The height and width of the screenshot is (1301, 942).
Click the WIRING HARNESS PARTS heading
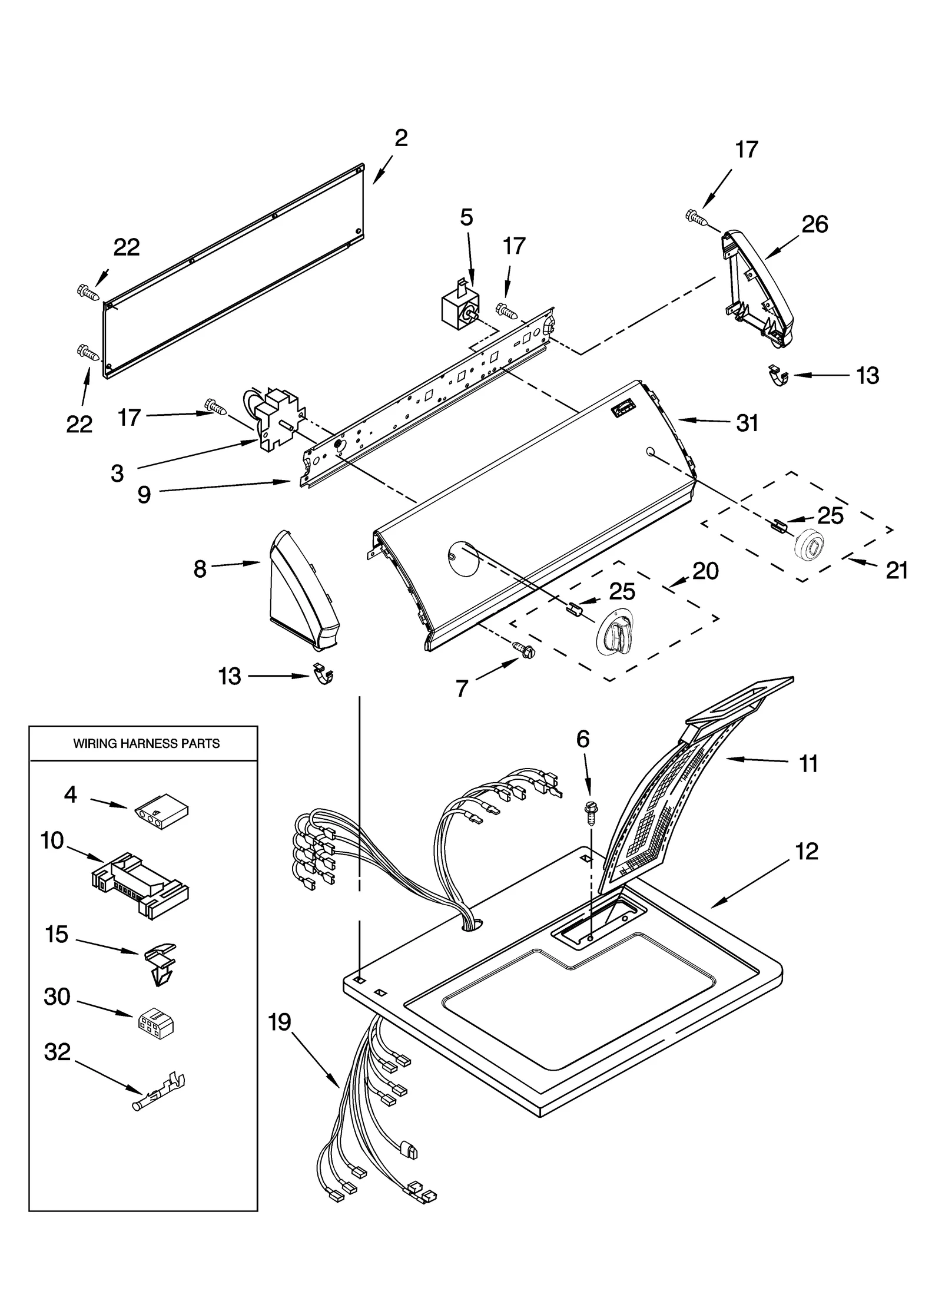pyautogui.click(x=146, y=744)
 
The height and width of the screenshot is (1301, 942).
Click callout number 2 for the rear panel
pyautogui.click(x=400, y=139)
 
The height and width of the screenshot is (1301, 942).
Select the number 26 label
pyautogui.click(x=815, y=224)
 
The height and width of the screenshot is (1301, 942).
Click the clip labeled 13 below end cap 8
pyautogui.click(x=323, y=674)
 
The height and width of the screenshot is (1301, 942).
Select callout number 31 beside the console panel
pyautogui.click(x=747, y=423)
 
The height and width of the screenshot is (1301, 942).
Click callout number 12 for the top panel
pyautogui.click(x=807, y=852)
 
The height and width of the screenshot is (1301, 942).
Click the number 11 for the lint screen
pyautogui.click(x=808, y=764)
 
